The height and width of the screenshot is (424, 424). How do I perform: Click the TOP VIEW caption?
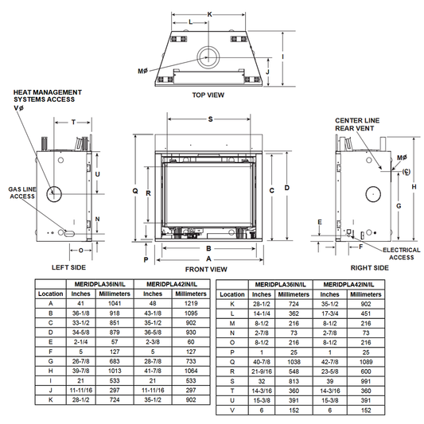coord(208,95)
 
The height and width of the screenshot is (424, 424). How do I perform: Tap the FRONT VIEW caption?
coord(206,270)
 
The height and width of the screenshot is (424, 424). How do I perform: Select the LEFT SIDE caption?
coord(68,267)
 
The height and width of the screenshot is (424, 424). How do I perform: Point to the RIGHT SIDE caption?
coord(370,268)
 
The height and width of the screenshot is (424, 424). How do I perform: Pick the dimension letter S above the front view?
coord(210,119)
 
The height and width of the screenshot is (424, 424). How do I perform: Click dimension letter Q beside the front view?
coord(135,191)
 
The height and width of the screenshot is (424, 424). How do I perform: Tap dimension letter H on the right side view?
coord(414,187)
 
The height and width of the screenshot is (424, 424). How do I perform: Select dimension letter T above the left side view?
coord(73,123)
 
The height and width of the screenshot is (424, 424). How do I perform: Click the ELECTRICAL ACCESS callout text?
coord(402,254)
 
